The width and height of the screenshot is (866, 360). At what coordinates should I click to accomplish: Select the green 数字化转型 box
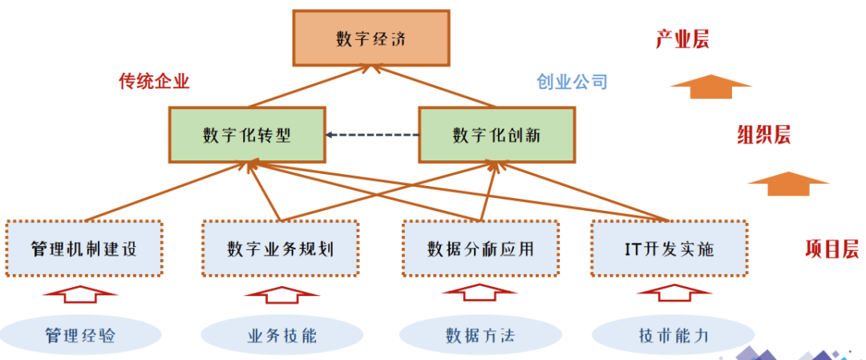(246, 134)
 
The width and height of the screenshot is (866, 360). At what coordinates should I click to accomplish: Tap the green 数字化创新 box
(496, 134)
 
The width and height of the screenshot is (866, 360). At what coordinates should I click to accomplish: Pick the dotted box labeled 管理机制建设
(84, 249)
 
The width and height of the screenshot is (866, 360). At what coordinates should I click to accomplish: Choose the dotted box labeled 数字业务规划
(280, 249)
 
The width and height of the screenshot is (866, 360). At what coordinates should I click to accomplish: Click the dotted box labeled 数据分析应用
(480, 249)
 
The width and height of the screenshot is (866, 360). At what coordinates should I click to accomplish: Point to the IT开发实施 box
(669, 249)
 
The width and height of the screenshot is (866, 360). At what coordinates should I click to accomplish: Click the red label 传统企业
(154, 81)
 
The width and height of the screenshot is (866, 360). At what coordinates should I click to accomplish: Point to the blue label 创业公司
(573, 81)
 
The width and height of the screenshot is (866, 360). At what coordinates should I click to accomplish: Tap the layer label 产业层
(682, 39)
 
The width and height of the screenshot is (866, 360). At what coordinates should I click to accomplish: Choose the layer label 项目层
(832, 249)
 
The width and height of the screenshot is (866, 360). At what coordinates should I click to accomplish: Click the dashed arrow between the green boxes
(373, 135)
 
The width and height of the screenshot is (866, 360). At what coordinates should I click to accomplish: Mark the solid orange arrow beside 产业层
(710, 86)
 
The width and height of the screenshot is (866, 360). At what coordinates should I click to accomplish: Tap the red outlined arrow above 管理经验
(80, 293)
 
